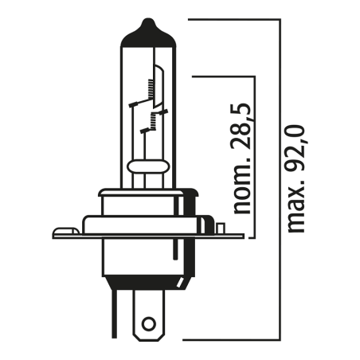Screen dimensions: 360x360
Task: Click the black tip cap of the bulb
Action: pos(146,26)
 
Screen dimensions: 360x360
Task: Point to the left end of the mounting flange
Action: pos(56,233)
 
